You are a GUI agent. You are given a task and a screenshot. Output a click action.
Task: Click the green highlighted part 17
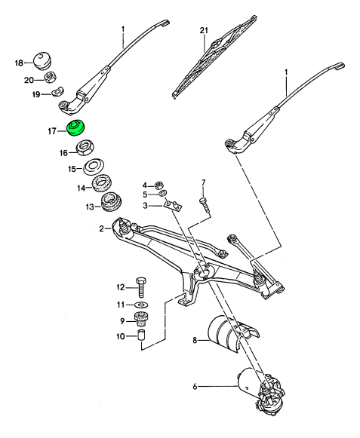point(76,128)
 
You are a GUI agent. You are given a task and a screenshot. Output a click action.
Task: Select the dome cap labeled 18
point(42,60)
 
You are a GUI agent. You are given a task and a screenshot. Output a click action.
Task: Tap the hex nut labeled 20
point(50,77)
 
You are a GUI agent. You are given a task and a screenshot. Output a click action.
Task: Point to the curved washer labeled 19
point(58,91)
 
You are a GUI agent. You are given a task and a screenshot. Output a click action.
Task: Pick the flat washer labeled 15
point(94,167)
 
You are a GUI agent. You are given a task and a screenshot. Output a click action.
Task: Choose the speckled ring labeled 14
point(102,183)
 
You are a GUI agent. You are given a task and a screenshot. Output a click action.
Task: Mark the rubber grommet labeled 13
point(111,202)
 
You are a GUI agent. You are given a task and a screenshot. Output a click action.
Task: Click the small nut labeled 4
point(159,185)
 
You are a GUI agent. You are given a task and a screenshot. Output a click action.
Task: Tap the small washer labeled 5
point(163,193)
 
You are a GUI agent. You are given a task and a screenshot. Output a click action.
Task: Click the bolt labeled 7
point(205,206)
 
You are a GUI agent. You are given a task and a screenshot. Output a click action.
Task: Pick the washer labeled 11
point(141,305)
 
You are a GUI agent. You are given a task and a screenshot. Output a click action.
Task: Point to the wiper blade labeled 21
point(214,57)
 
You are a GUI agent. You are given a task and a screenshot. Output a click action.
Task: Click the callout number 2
point(101,228)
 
